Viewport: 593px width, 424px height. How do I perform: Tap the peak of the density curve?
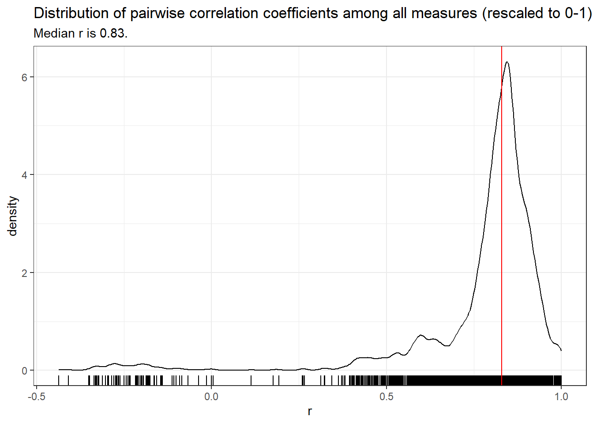click(x=507, y=62)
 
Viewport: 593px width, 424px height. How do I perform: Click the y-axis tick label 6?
click(x=24, y=77)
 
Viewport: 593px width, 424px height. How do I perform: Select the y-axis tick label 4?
click(x=24, y=175)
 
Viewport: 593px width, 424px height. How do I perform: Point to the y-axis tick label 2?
click(x=24, y=273)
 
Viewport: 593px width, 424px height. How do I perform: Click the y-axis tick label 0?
click(x=24, y=371)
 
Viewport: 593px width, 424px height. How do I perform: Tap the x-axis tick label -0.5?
click(x=36, y=397)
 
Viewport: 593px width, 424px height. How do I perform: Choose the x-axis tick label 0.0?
click(x=211, y=397)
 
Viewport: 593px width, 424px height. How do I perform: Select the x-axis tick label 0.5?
click(x=387, y=397)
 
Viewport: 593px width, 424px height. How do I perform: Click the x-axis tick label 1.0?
click(x=561, y=397)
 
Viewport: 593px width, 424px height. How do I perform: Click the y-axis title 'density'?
click(x=12, y=216)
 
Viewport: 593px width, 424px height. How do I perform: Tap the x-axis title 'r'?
click(x=310, y=412)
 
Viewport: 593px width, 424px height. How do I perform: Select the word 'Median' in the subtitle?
click(x=54, y=34)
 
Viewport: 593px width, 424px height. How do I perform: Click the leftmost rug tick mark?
click(x=59, y=380)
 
